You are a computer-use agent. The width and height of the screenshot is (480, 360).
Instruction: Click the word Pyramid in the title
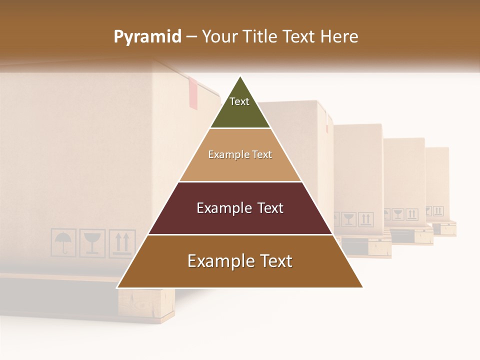pyautogui.click(x=147, y=37)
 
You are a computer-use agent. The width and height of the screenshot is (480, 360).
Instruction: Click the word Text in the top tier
pyautogui.click(x=239, y=101)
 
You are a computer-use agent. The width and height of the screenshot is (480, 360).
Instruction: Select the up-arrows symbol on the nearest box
pyautogui.click(x=122, y=243)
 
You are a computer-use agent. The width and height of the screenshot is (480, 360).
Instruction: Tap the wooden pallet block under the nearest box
pyautogui.click(x=146, y=303)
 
